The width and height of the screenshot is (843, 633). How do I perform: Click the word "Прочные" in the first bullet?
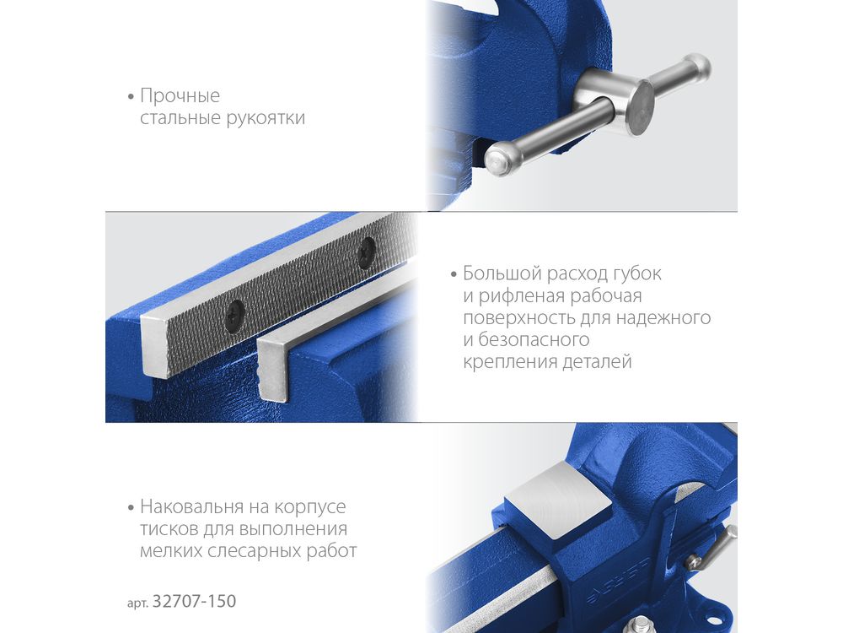(x=180, y=96)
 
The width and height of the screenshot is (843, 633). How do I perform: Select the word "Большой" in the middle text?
(x=502, y=273)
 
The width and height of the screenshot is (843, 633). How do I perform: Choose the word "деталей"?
(x=597, y=362)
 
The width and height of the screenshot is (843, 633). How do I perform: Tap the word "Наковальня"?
(x=192, y=507)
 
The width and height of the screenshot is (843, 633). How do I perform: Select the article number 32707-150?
(x=195, y=601)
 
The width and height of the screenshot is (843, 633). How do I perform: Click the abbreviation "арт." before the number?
(x=137, y=603)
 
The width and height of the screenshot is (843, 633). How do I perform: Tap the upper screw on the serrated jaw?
(x=367, y=252)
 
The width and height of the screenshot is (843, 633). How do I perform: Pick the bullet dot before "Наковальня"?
(x=131, y=507)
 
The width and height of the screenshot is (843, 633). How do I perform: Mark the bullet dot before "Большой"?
(x=454, y=274)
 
